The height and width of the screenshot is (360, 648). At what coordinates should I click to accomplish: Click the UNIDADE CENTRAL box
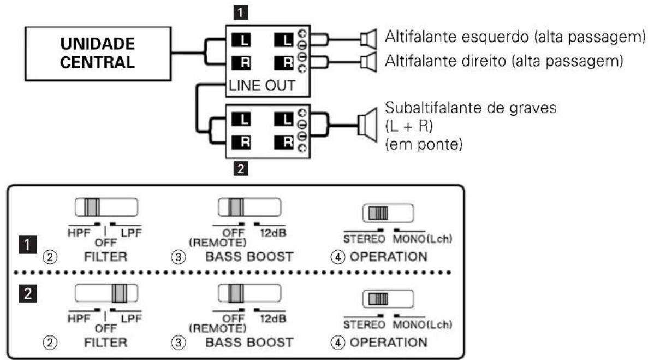[x=98, y=54]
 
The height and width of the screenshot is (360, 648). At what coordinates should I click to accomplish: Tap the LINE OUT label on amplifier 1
[x=262, y=86]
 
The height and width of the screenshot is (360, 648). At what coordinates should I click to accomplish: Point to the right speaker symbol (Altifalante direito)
[x=368, y=62]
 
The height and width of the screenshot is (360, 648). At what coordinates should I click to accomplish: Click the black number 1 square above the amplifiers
[x=241, y=13]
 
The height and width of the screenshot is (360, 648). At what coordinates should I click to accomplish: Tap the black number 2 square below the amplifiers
[x=241, y=169]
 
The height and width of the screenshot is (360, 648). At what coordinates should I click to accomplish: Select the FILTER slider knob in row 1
[x=92, y=208]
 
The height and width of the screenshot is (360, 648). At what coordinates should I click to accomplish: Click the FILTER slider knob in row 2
[x=120, y=293]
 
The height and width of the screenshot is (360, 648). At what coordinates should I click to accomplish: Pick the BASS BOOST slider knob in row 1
[x=236, y=208]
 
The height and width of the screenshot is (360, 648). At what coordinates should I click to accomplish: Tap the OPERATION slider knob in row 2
[x=378, y=299]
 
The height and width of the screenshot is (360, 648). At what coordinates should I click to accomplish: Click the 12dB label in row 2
[x=273, y=318]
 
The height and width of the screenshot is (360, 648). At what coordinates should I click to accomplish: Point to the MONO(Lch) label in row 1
[x=423, y=239]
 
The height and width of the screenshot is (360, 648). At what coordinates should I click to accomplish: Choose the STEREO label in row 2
[x=364, y=325]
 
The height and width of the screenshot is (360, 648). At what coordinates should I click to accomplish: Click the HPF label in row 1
[x=79, y=233]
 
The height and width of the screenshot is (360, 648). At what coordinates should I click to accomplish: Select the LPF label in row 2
[x=131, y=318]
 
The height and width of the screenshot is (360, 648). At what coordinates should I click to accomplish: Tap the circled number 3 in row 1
[x=178, y=257]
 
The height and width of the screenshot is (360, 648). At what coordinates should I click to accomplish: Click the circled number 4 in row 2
[x=337, y=343]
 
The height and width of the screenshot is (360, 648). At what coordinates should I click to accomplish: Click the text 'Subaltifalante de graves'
[x=471, y=108]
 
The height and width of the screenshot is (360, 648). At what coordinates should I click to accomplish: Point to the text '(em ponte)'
[x=424, y=145]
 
